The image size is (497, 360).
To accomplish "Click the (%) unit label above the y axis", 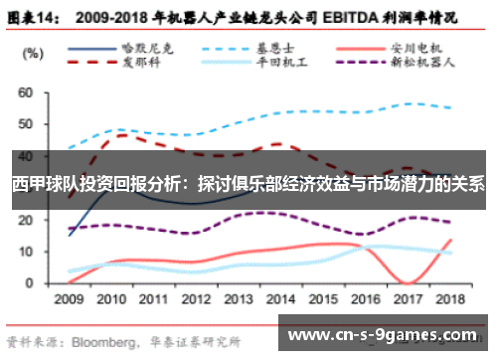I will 32,52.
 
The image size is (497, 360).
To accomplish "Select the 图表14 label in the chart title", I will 33,18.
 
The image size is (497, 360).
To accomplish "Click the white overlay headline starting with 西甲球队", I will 248,185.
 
